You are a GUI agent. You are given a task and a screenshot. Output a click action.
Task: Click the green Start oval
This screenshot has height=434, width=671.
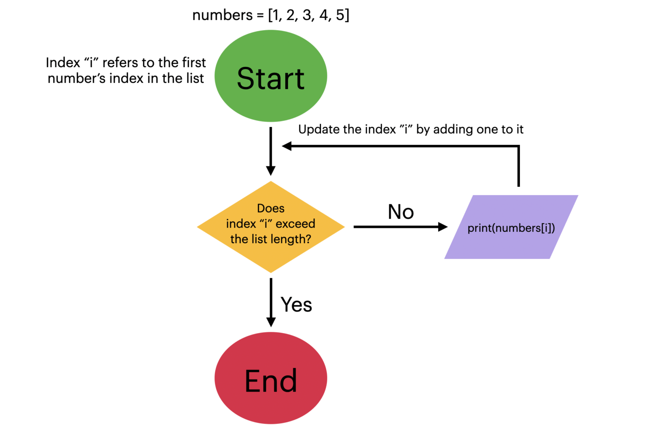270,76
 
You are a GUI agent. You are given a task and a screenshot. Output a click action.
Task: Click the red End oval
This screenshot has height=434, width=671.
270,378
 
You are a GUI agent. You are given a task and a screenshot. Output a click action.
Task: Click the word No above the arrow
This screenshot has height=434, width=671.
401,212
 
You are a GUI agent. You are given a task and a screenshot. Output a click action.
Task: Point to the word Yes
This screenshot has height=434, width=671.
296,305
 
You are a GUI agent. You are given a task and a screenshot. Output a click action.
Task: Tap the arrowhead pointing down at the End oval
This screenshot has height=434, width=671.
271,321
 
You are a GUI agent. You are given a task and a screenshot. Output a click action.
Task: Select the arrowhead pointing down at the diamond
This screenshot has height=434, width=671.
271,170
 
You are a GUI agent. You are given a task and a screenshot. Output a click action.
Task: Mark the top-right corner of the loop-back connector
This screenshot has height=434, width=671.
519,146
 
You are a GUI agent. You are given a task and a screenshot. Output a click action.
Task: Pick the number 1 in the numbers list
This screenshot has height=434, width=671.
275,15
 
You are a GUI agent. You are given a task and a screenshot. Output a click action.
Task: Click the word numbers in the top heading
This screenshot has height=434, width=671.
222,15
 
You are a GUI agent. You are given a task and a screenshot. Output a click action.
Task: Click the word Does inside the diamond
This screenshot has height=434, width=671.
270,208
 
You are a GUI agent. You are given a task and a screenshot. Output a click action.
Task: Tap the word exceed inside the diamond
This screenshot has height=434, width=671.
295,224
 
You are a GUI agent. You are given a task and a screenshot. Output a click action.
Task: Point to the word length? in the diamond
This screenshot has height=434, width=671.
291,239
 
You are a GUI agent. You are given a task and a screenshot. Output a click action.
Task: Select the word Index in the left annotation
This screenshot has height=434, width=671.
63,63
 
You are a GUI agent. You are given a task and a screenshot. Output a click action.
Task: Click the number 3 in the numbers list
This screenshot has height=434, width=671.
307,15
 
